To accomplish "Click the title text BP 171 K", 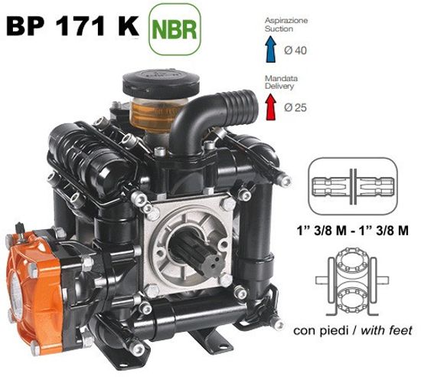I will [73, 26].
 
